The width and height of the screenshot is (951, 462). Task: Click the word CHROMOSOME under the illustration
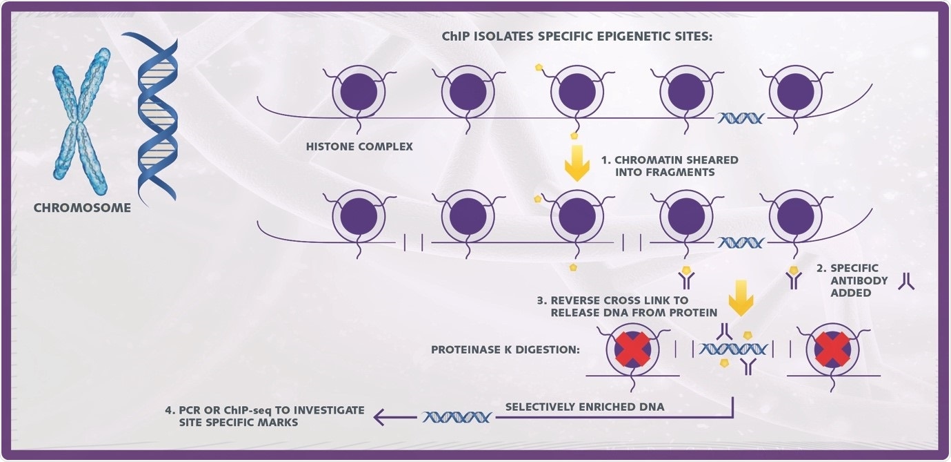(x=82, y=207)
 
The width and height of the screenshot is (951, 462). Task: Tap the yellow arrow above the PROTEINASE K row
(x=741, y=296)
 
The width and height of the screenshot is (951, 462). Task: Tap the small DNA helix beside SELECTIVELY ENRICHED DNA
(x=457, y=416)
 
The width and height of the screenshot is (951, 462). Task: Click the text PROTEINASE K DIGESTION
(x=505, y=349)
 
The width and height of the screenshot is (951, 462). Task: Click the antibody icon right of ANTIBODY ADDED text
(x=906, y=281)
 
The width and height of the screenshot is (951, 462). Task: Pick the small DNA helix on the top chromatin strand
(x=741, y=118)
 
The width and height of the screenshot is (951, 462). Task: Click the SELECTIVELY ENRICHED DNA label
(x=585, y=407)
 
